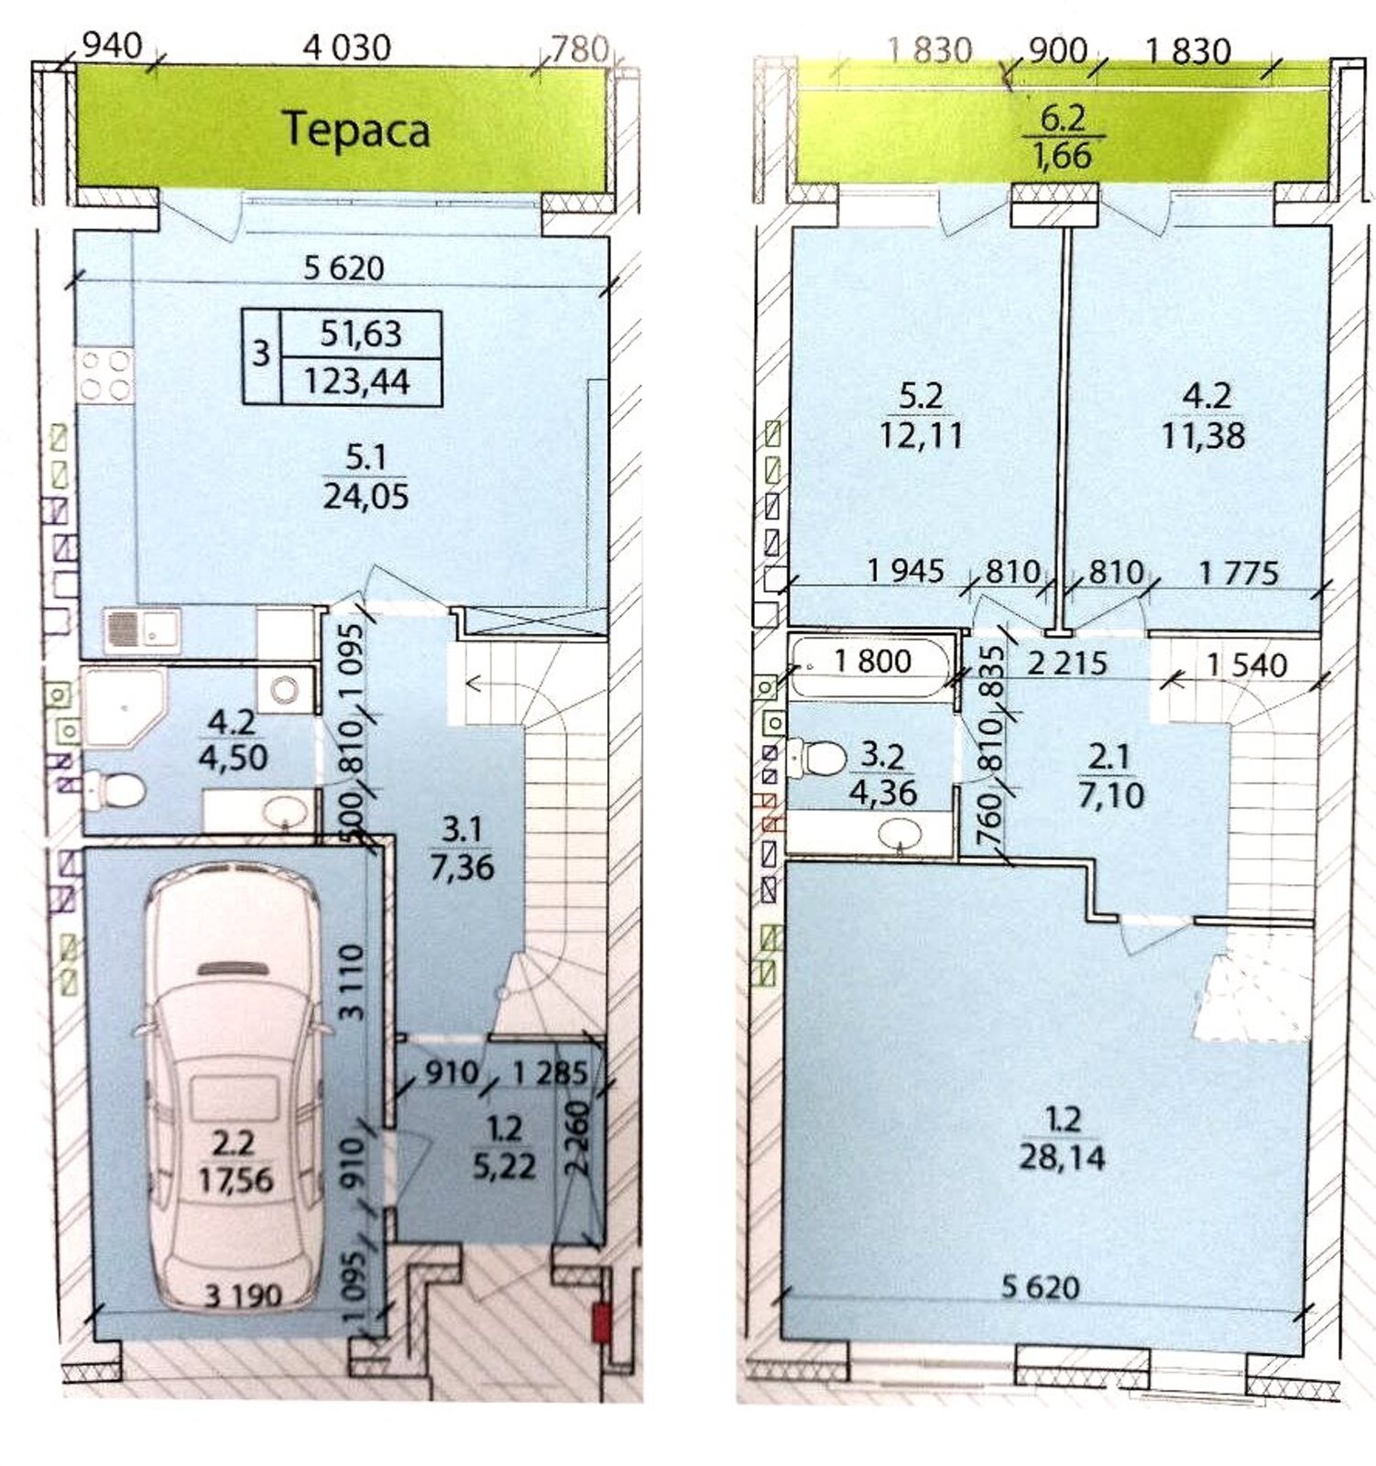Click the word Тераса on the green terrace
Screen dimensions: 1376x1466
pos(355,129)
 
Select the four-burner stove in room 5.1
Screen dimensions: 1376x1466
pos(104,375)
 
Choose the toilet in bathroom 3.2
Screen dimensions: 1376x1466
pos(821,758)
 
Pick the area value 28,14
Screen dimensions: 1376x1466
pos(1061,1158)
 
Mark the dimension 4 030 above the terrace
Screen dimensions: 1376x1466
pos(347,47)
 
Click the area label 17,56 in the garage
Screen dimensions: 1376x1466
pos(235,1180)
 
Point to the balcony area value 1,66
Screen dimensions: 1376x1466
pos(1063,156)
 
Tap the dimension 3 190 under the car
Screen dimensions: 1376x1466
pos(243,1296)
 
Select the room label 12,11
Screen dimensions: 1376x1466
pos(920,434)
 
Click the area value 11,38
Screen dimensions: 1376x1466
pos(1203,434)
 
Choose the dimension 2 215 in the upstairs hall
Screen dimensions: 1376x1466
pos(1067,662)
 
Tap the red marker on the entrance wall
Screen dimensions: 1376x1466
pos(601,1326)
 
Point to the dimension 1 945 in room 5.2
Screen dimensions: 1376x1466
pos(905,571)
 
